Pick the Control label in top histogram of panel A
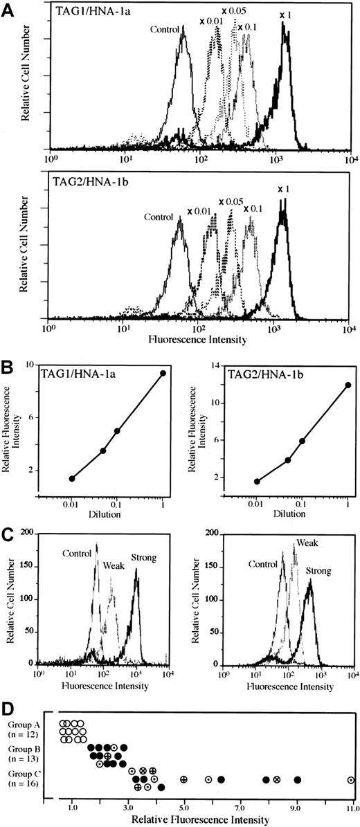(164, 30)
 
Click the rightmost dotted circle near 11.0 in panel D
(351, 780)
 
